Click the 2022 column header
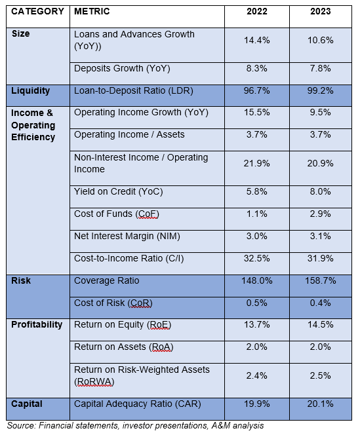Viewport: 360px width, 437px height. pyautogui.click(x=257, y=11)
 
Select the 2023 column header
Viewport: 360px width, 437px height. pyautogui.click(x=321, y=11)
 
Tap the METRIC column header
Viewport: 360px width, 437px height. pyautogui.click(x=92, y=11)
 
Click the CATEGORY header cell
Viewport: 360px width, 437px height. pyautogui.click(x=37, y=11)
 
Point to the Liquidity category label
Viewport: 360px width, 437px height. pyautogui.click(x=30, y=91)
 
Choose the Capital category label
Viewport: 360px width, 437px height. pyautogui.click(x=27, y=404)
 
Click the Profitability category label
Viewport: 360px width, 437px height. pyautogui.click(x=37, y=325)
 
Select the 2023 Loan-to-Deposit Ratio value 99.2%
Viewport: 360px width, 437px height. pyautogui.click(x=321, y=91)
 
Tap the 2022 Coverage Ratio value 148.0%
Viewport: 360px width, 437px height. pyautogui.click(x=257, y=280)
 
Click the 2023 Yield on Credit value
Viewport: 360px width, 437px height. pyautogui.click(x=321, y=192)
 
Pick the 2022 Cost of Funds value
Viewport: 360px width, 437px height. pyautogui.click(x=257, y=214)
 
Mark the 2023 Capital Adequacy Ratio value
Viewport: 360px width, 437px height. pyautogui.click(x=321, y=404)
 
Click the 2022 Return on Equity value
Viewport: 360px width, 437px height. pyautogui.click(x=257, y=325)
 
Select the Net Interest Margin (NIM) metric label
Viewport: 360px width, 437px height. pyautogui.click(x=127, y=237)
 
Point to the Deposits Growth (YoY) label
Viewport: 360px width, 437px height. pyautogui.click(x=122, y=69)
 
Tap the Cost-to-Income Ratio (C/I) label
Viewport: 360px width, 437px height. pyautogui.click(x=129, y=259)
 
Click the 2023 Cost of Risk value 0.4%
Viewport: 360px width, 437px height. pyautogui.click(x=321, y=303)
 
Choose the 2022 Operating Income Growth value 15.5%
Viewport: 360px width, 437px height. pyautogui.click(x=257, y=113)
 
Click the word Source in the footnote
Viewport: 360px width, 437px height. pyautogui.click(x=22, y=426)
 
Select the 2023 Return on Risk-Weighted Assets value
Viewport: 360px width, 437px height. pyautogui.click(x=321, y=375)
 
